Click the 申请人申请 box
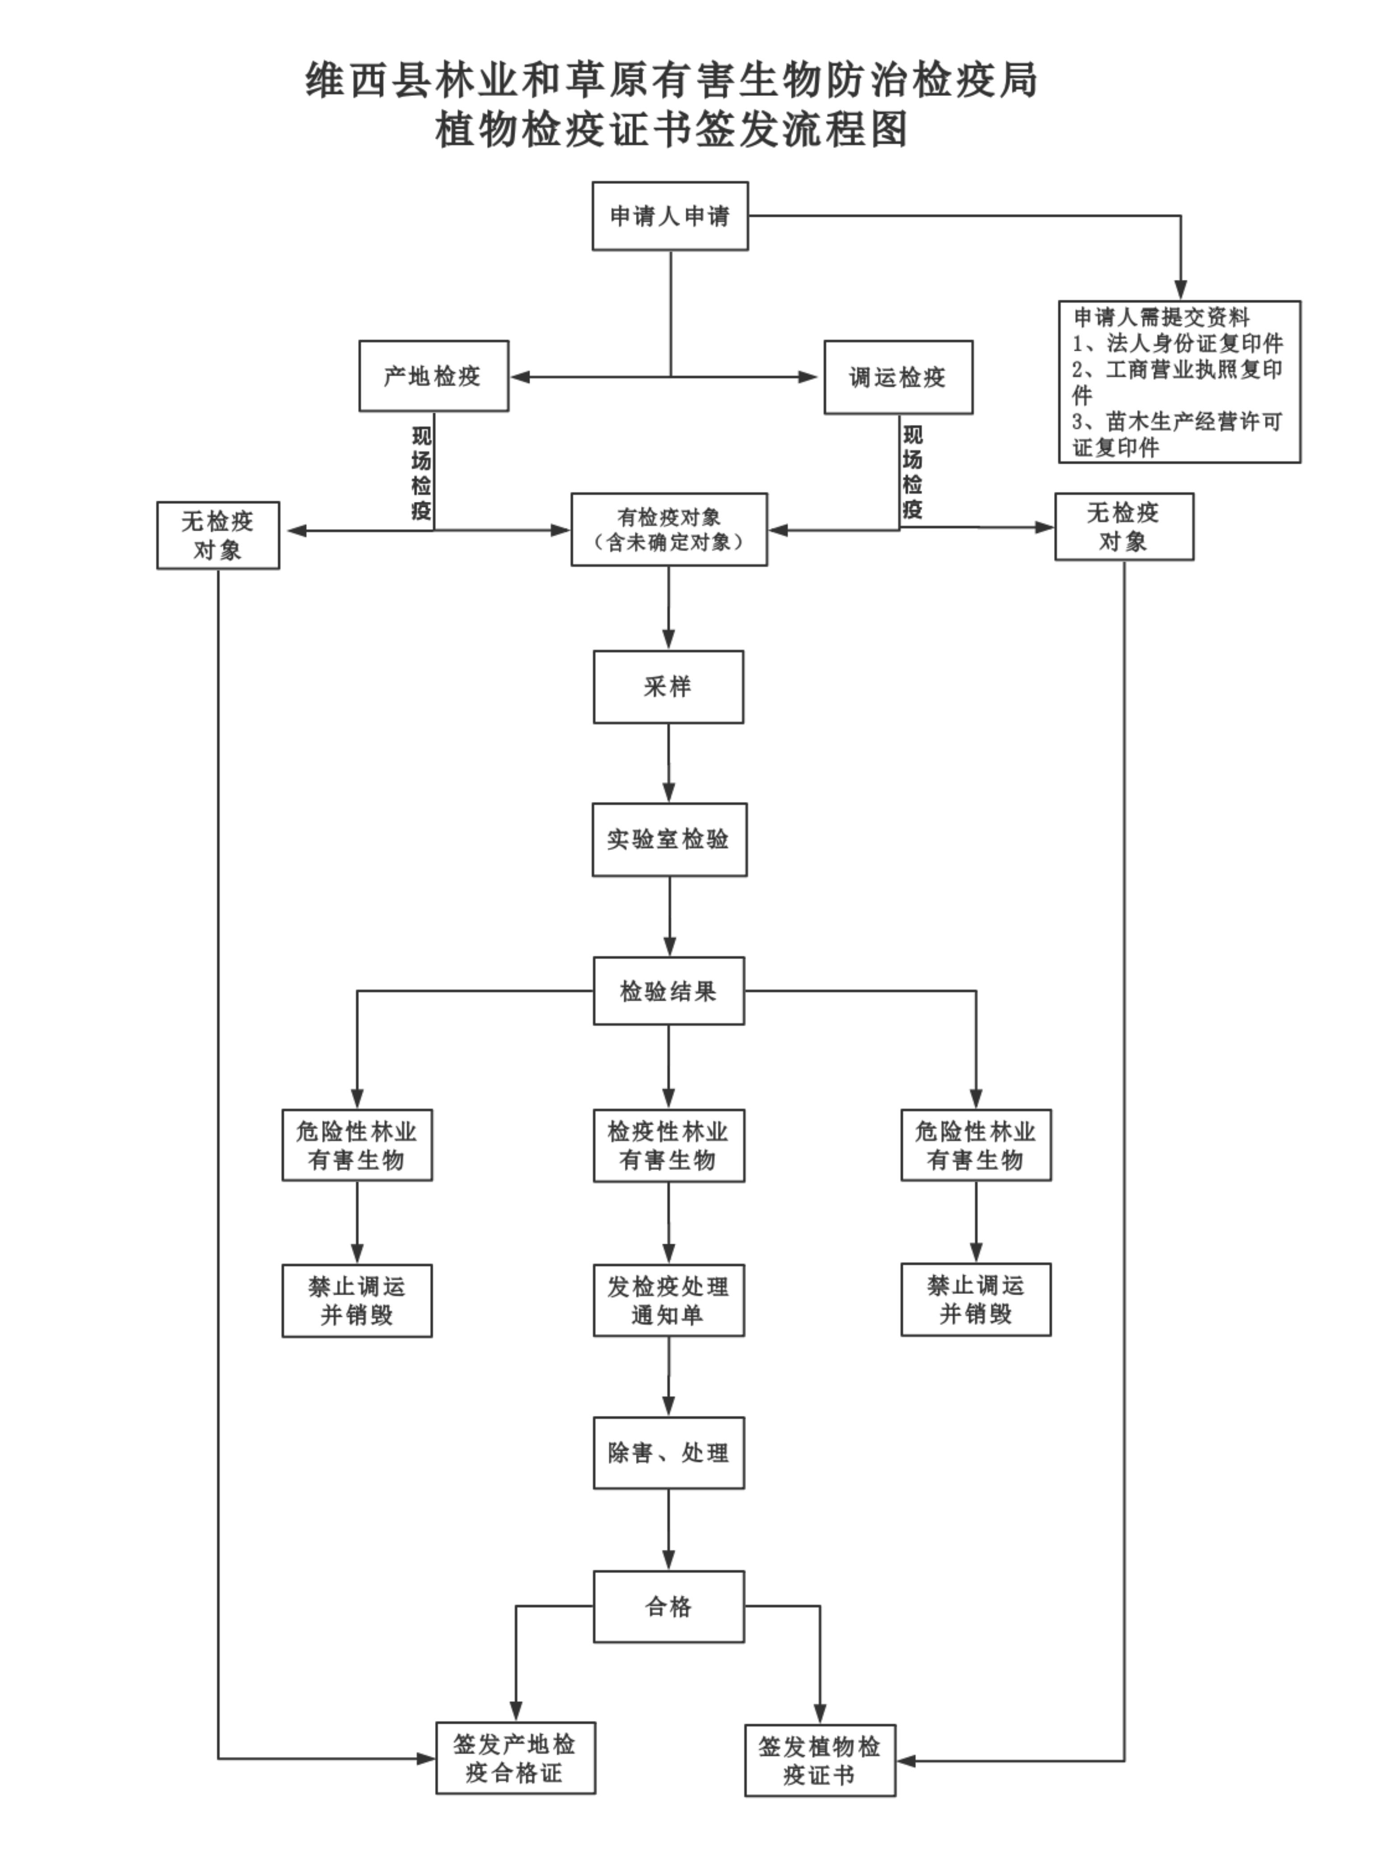670,216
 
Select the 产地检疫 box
433,376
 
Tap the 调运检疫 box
898,377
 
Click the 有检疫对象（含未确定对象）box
669,529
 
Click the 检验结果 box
669,991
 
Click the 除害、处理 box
669,1453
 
